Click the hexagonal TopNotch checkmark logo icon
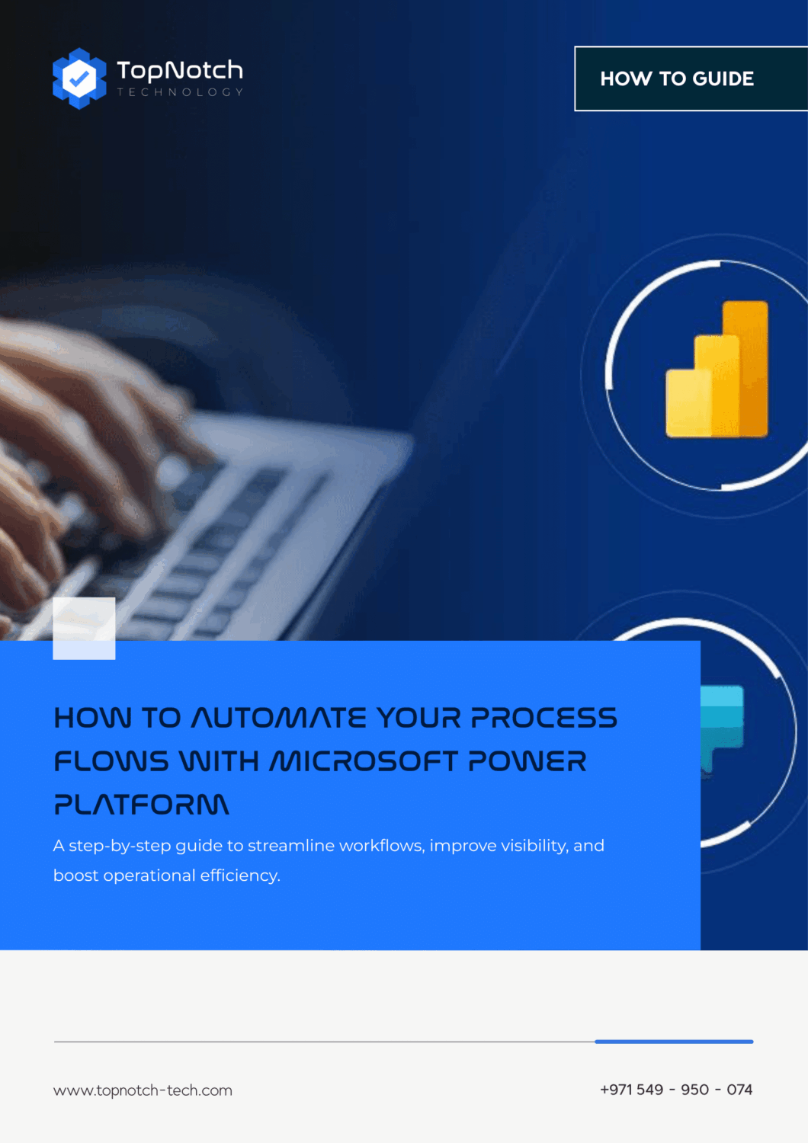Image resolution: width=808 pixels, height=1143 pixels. tap(79, 78)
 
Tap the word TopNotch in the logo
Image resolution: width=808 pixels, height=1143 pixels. tap(180, 70)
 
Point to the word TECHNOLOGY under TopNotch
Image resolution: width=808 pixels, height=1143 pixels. tap(180, 92)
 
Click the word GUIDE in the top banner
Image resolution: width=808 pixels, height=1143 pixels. tap(723, 78)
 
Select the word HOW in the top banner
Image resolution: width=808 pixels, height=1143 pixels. tap(626, 78)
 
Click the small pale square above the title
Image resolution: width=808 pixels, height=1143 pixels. tap(84, 628)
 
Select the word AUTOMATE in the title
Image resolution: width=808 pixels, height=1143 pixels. tap(278, 718)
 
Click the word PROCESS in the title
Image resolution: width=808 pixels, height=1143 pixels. tap(543, 718)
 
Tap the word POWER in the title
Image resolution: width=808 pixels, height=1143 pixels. tap(527, 761)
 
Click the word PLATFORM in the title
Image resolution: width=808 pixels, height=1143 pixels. tap(141, 805)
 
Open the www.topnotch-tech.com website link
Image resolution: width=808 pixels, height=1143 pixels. tap(143, 1090)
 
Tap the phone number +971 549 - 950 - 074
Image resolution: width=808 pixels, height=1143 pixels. tap(676, 1090)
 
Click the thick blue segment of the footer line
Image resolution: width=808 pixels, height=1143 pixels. tap(674, 1041)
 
